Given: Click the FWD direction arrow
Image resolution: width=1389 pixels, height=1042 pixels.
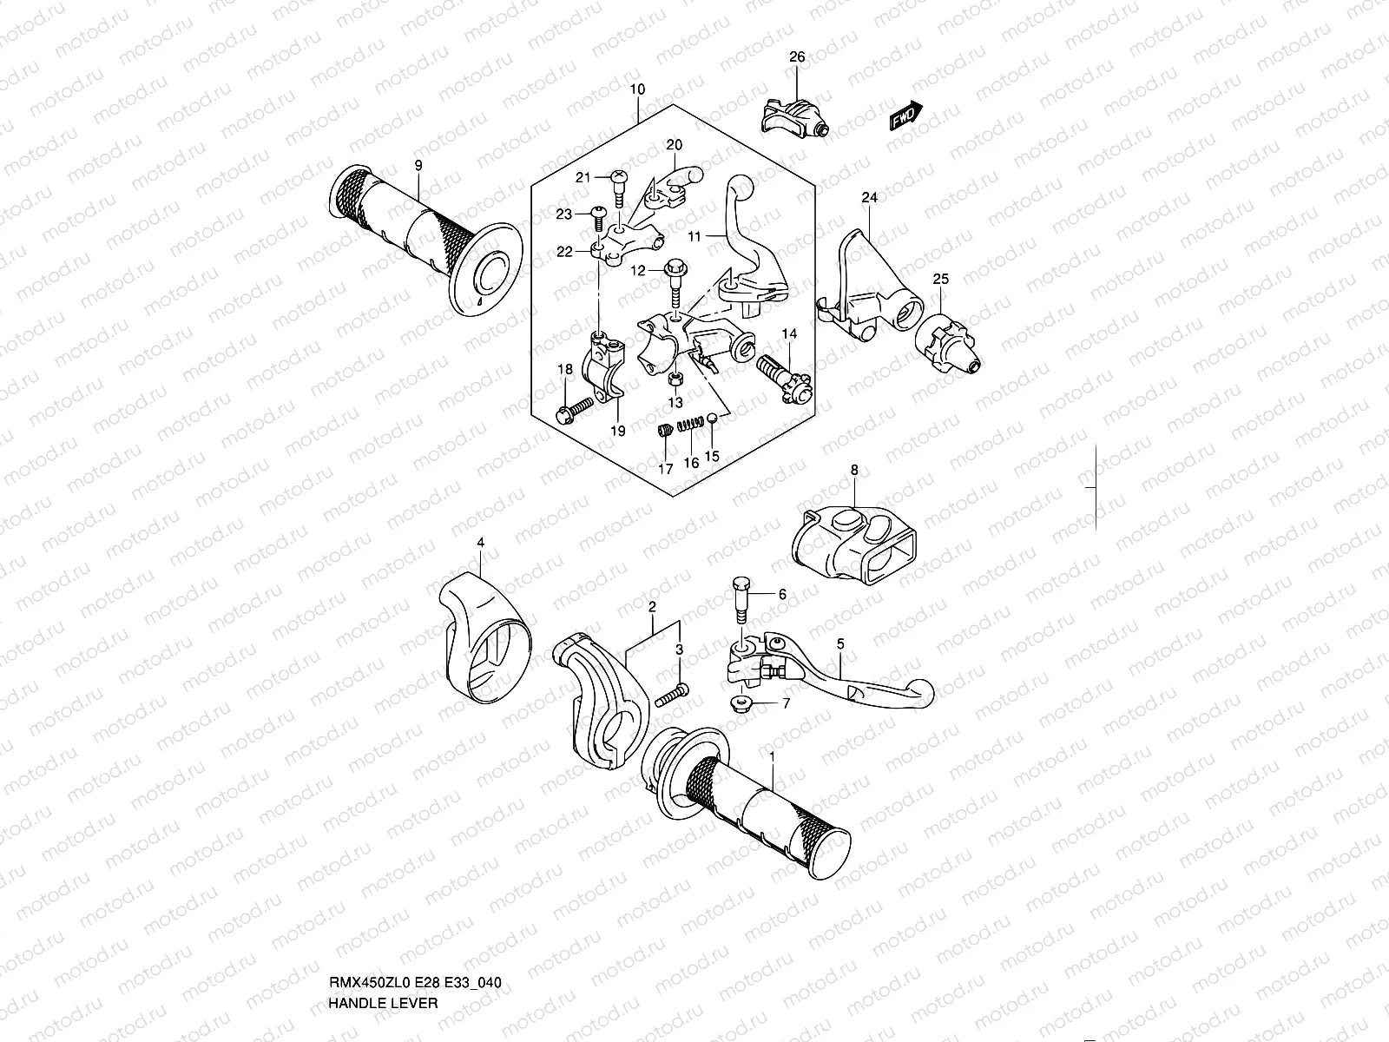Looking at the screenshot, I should (x=905, y=115).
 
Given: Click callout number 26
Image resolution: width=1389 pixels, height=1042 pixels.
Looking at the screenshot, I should (x=797, y=57).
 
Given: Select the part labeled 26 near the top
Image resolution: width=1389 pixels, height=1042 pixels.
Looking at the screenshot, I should (x=794, y=115).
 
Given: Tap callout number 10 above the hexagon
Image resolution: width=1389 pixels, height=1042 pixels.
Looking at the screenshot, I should (x=637, y=89).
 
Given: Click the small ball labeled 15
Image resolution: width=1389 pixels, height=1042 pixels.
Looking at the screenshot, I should (x=713, y=419).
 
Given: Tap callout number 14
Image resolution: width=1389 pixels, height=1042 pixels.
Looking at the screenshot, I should (x=789, y=333).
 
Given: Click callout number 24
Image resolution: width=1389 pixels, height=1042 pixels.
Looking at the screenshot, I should (x=869, y=198).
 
